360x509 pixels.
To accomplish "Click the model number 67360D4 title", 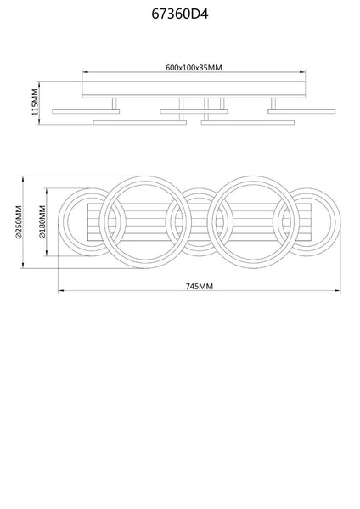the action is [x=180, y=14].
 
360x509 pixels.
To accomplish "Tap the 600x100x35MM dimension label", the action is [x=194, y=68].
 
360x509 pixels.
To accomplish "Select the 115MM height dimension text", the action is [x=35, y=103].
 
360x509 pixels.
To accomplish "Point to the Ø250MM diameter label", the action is [x=19, y=222].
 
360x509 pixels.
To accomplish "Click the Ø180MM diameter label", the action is [x=42, y=222].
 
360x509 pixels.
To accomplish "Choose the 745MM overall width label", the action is [x=200, y=286].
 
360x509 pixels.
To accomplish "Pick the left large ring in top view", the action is [x=145, y=178].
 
